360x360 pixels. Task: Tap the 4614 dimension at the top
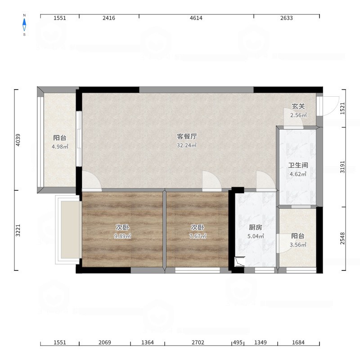pos(196,18)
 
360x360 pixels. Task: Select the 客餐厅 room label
pos(187,136)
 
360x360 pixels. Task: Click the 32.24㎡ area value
pos(187,145)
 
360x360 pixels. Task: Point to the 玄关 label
pos(298,106)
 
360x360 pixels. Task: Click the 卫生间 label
pos(298,165)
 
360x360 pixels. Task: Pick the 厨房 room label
pos(256,227)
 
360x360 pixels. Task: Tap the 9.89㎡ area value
pos(122,236)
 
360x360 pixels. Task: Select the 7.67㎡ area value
pos(198,236)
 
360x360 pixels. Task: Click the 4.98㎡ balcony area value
pos(60,147)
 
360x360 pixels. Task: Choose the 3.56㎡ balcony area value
pos(298,245)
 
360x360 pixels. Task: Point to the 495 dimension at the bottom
pos(238,342)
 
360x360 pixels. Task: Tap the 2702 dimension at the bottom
pos(198,342)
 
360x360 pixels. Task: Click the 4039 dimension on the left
pos(18,140)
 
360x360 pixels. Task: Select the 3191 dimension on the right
pos(342,167)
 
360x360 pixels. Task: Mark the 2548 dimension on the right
pos(342,238)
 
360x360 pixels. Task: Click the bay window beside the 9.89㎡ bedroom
pos(68,229)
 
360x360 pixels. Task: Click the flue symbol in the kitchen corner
pos(239,261)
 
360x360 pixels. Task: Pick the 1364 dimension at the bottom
pos(148,342)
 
